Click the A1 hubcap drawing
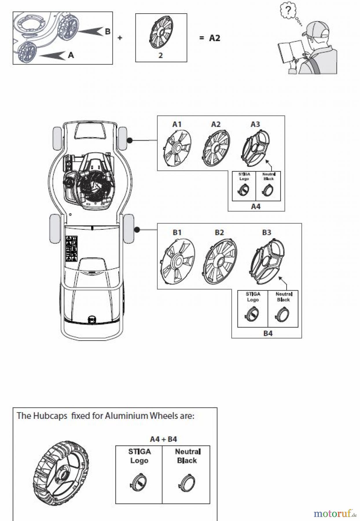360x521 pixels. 177,148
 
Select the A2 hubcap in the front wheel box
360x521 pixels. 216,148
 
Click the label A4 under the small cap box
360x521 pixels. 256,206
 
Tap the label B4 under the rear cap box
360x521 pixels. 268,333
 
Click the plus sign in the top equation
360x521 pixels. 120,38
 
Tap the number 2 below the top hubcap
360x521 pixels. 161,55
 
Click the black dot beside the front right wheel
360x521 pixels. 130,140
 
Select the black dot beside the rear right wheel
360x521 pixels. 137,230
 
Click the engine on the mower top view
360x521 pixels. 87,181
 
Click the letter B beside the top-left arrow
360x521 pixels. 107,32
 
